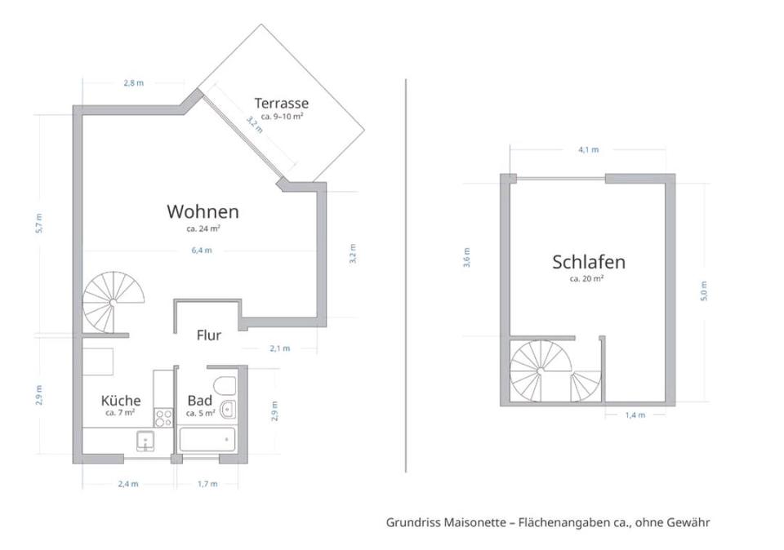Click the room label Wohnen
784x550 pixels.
point(203,212)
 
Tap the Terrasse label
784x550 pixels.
point(281,104)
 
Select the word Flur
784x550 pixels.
point(209,335)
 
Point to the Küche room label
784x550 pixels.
point(121,401)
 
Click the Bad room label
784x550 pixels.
point(200,401)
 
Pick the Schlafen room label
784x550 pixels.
point(589,262)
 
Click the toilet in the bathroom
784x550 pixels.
point(223,385)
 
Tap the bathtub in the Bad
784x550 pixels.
point(207,440)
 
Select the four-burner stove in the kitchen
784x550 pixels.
point(163,417)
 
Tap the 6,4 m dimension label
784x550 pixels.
point(202,251)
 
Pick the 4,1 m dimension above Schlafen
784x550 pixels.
point(588,150)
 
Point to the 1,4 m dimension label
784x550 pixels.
point(635,415)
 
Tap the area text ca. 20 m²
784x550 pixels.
point(586,279)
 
